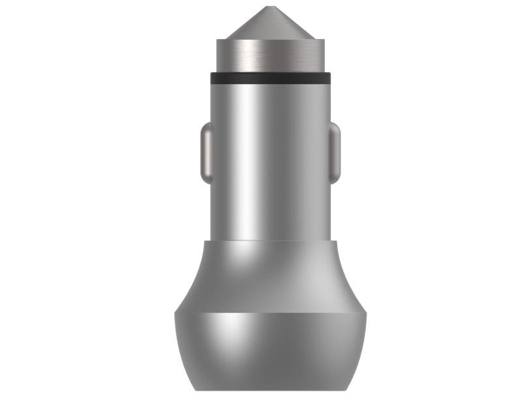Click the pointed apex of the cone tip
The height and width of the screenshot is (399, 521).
click(270, 8)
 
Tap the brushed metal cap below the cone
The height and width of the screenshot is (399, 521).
click(270, 55)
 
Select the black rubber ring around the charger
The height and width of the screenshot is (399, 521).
click(270, 78)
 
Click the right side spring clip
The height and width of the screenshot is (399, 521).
click(335, 153)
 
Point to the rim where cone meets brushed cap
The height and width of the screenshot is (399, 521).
click(270, 40)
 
